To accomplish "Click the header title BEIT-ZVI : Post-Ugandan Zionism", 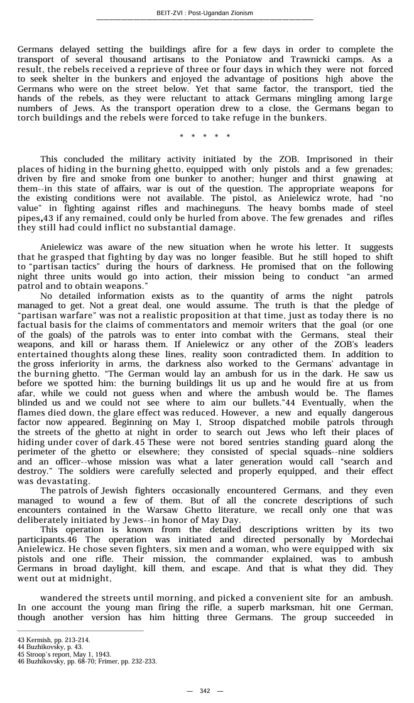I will (205, 13).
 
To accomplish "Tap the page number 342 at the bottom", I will (205, 690).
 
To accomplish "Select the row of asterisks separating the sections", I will (205, 136).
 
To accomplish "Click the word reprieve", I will (161, 69).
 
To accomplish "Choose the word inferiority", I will (93, 364).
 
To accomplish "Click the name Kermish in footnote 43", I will (39, 640).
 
